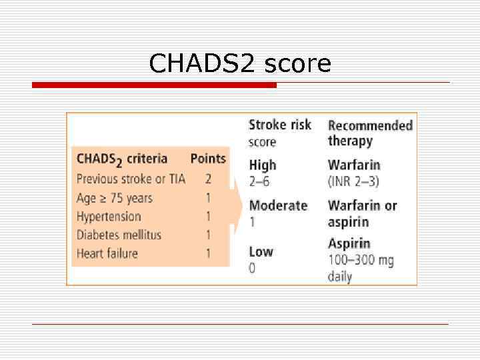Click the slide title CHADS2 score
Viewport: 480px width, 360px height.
pyautogui.click(x=240, y=64)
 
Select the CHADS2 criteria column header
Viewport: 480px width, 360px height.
pyautogui.click(x=122, y=159)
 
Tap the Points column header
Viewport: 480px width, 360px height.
pyautogui.click(x=208, y=159)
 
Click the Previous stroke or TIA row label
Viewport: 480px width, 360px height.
pyautogui.click(x=131, y=179)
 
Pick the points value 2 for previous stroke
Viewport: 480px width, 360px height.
pyautogui.click(x=208, y=179)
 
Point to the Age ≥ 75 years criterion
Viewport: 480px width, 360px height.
pyautogui.click(x=115, y=198)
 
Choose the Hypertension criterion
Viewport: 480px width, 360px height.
pyautogui.click(x=109, y=217)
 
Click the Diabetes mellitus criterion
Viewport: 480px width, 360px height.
pyautogui.click(x=119, y=235)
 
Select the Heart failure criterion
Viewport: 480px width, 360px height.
pyautogui.click(x=107, y=253)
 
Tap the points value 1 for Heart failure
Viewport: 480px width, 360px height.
pyautogui.click(x=208, y=253)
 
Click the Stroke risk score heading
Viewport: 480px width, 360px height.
pyautogui.click(x=279, y=133)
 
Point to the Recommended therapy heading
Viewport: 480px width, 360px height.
pyautogui.click(x=370, y=133)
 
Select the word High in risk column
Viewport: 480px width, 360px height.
pyautogui.click(x=262, y=165)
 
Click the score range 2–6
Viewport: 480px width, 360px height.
pyautogui.click(x=259, y=181)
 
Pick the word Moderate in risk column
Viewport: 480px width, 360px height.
pyautogui.click(x=278, y=205)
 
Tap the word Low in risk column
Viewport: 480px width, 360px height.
pyautogui.click(x=261, y=251)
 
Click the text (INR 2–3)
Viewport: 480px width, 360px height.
pyautogui.click(x=353, y=181)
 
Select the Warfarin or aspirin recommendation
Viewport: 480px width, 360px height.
pyautogui.click(x=362, y=213)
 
